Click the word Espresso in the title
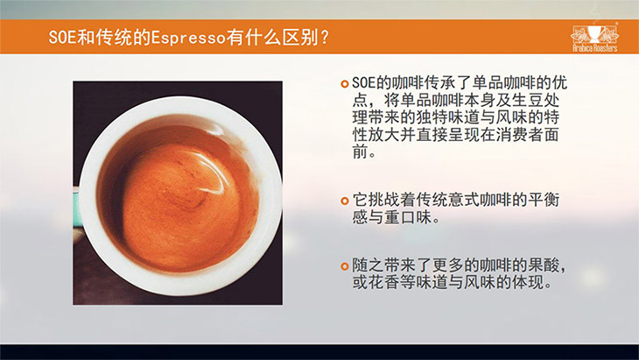coord(188,38)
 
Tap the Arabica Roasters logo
coord(595,38)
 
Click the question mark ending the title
coord(325,38)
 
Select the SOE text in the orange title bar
coord(62,38)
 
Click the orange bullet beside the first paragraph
coord(345,84)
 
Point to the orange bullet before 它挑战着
coord(345,201)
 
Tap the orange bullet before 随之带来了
coord(345,266)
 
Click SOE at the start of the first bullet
coord(363,83)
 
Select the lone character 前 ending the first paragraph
coord(361,152)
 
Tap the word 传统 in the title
coord(114,38)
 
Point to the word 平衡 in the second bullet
coord(544,200)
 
